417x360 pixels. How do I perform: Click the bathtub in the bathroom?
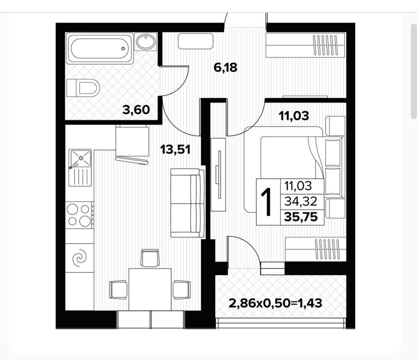100,48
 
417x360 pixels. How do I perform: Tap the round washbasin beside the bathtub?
146,41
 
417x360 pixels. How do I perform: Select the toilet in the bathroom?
83,88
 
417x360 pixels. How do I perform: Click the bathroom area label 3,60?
136,110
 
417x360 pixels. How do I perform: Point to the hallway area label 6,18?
225,68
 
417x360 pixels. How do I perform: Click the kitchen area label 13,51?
175,150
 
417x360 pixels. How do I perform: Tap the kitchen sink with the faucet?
80,167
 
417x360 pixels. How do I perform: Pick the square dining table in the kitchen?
150,289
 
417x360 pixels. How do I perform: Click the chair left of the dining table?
119,290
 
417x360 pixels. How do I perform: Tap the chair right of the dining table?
181,290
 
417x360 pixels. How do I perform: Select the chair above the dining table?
150,258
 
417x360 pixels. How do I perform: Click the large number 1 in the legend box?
266,202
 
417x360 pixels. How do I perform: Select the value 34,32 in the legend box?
301,202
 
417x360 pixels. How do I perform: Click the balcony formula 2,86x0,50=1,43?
276,303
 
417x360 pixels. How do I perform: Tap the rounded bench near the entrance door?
195,41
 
